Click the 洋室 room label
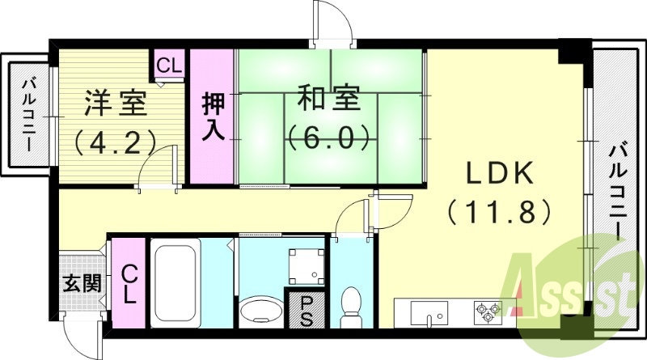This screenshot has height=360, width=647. click(x=116, y=104)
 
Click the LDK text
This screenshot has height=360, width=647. click(x=499, y=173)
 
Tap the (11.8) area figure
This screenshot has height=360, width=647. click(x=499, y=211)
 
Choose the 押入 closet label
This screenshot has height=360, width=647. click(x=214, y=116)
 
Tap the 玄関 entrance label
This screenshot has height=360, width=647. click(x=82, y=284)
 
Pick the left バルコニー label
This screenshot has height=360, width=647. click(x=29, y=114)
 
